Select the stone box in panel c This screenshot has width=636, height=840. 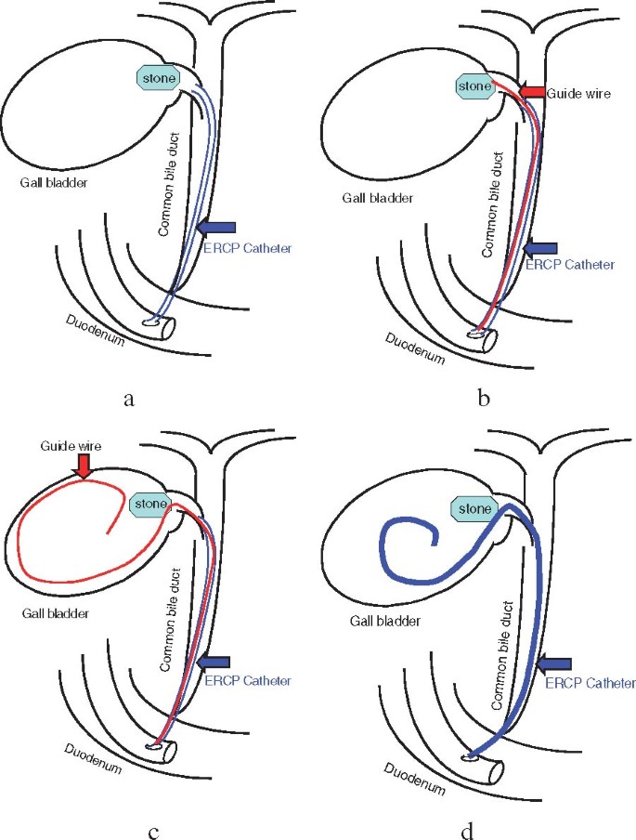(x=151, y=505)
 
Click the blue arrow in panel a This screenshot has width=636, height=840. (x=218, y=228)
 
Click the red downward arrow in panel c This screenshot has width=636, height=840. (x=83, y=466)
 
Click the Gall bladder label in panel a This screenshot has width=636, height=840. (x=58, y=181)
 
